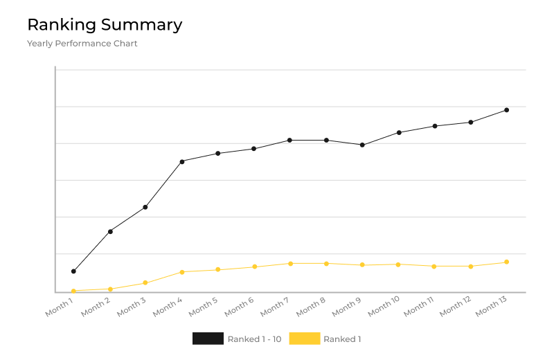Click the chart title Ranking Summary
point(105,25)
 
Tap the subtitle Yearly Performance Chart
point(82,44)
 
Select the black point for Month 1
point(73,271)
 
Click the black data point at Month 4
point(182,161)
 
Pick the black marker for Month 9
point(362,145)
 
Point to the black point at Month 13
point(507,110)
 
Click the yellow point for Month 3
point(145,282)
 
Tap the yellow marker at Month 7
point(290,263)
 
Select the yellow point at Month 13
point(507,262)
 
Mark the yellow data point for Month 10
point(398,264)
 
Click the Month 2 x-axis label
point(96,307)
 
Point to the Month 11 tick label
point(420,307)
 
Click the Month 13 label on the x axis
point(492,307)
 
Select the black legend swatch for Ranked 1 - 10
point(208,339)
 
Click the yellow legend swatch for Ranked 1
point(304,339)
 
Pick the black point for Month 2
point(110,231)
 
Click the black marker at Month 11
point(435,126)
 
